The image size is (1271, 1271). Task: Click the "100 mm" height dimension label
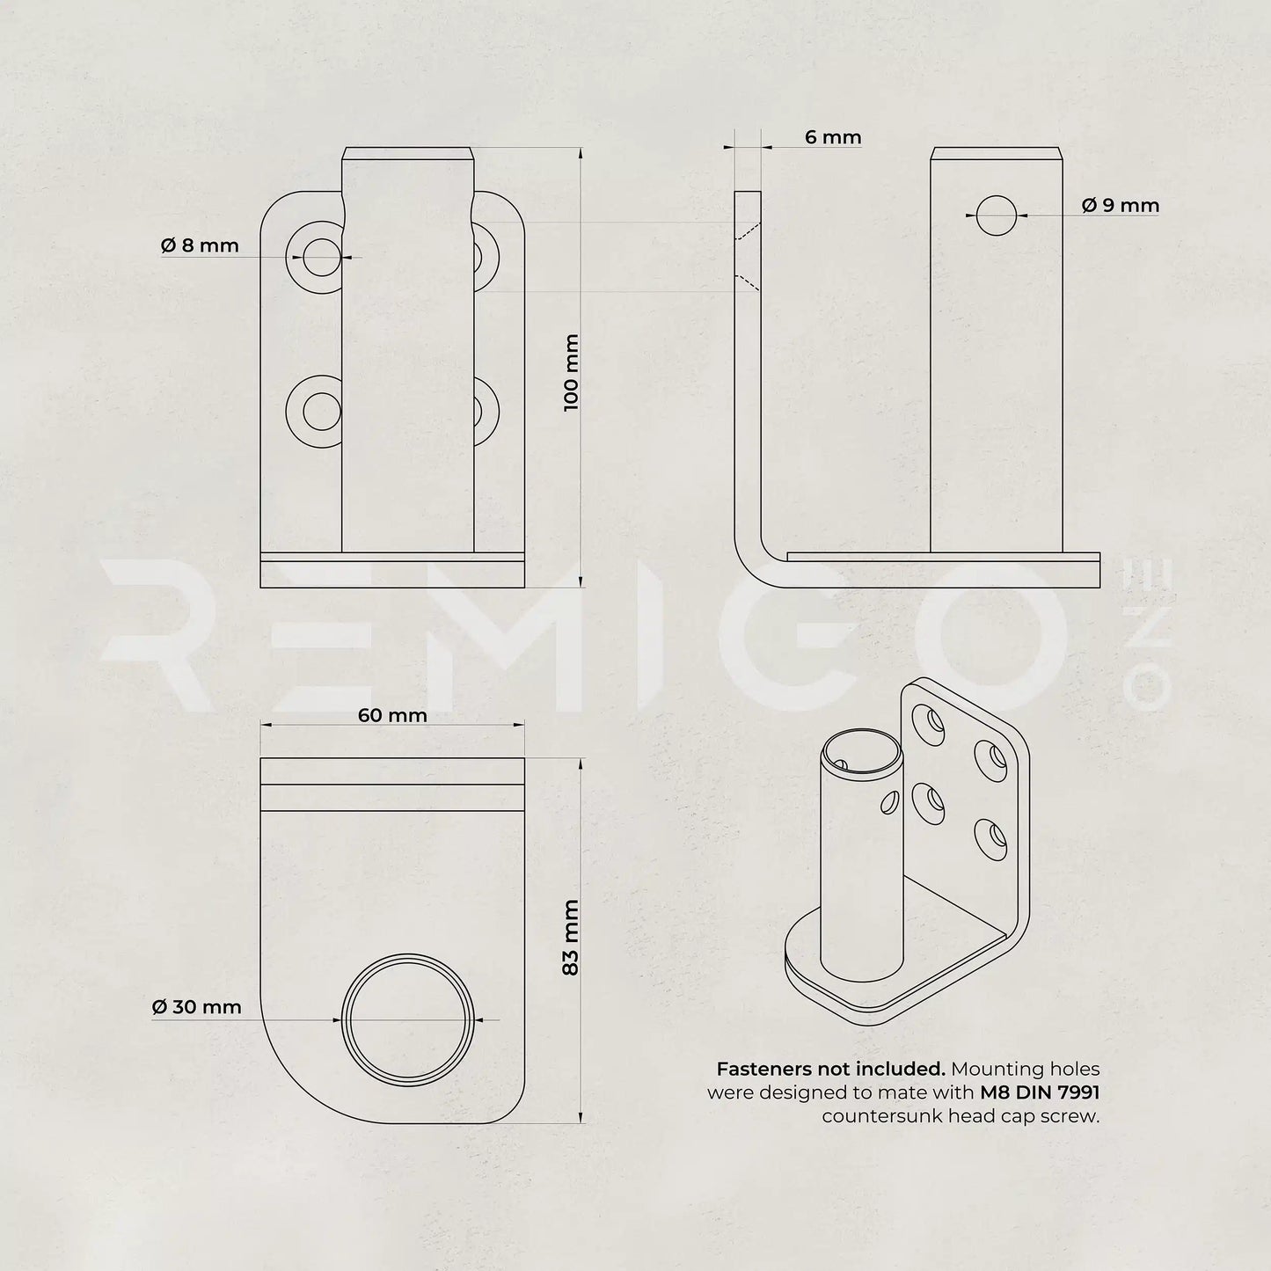point(571,372)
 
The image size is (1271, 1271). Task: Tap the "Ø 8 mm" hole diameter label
point(200,245)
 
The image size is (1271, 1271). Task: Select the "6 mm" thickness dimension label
point(832,137)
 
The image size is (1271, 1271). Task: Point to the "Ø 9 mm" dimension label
point(1120,206)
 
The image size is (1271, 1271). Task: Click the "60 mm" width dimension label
point(392,715)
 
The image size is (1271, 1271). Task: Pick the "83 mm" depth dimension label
point(571,937)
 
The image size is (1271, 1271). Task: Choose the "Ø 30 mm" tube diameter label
point(196,1007)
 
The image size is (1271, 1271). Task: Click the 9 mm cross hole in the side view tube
point(996,215)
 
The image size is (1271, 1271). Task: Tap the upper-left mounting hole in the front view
point(321,257)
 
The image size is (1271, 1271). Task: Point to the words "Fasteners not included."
point(830,1070)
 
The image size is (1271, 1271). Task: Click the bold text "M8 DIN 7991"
point(1040,1093)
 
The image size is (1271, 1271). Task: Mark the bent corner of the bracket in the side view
point(755,566)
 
